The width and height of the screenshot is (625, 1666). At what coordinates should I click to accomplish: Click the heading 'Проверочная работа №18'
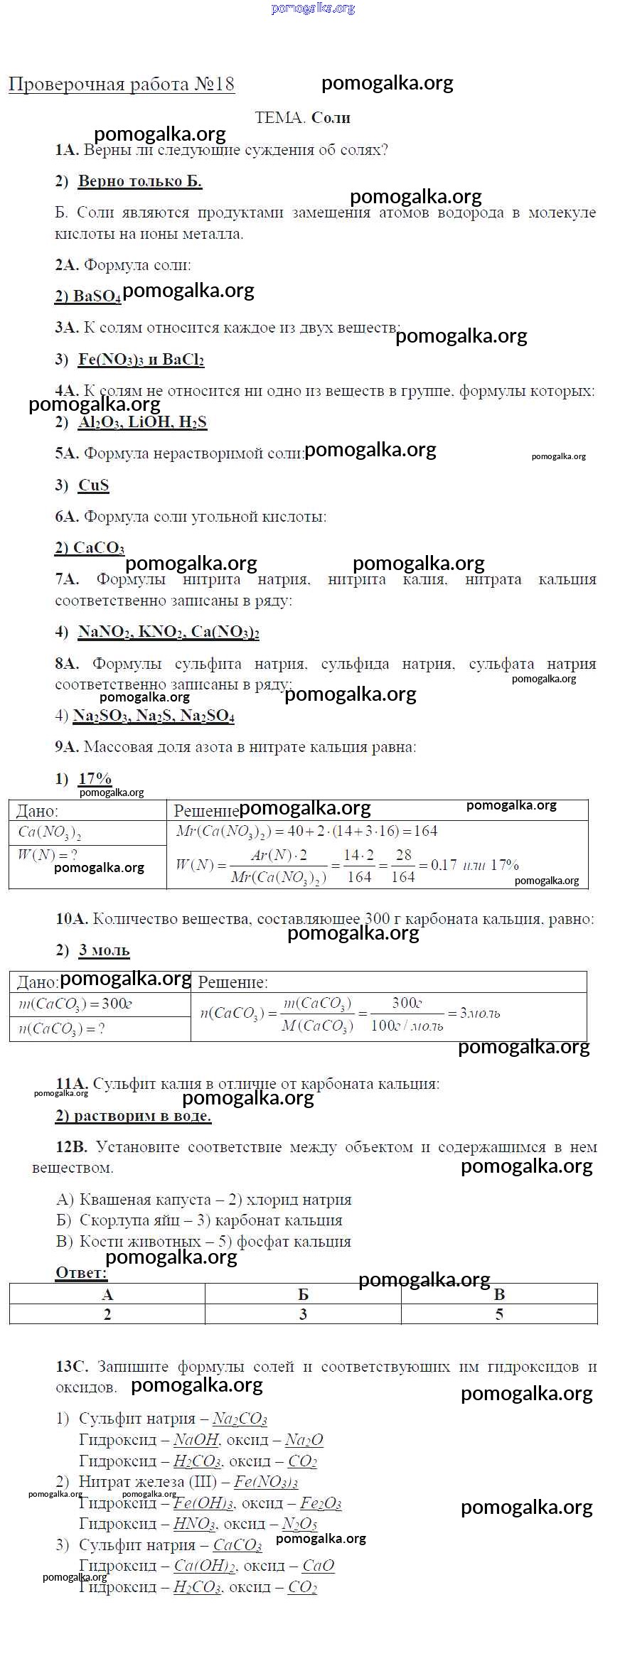pos(121,85)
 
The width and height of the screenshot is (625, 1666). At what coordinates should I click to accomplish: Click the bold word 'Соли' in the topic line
pos(331,118)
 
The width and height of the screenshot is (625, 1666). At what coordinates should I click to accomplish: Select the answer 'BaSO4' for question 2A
pos(88,296)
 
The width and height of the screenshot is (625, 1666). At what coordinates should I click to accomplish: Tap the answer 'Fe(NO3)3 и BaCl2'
pos(141,360)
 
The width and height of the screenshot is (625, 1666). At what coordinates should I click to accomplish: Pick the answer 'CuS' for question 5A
pos(93,485)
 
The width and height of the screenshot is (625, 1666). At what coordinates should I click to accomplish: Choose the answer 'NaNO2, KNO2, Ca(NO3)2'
pos(169,633)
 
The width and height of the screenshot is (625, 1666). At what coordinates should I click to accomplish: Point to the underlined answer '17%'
pos(95,779)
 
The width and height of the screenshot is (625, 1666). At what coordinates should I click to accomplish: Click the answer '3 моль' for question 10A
pos(104,950)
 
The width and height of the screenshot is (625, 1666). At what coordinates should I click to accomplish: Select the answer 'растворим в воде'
pos(134,1116)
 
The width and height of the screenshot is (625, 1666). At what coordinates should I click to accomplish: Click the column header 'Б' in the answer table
pos(303,1294)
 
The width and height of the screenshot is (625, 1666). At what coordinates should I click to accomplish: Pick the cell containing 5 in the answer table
pos(499,1314)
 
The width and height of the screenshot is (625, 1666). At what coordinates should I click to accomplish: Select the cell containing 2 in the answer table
pos(107,1314)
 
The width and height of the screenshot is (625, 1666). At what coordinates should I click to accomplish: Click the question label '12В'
pos(71,1147)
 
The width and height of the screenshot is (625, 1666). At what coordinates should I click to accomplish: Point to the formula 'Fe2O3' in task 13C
pos(321,1503)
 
